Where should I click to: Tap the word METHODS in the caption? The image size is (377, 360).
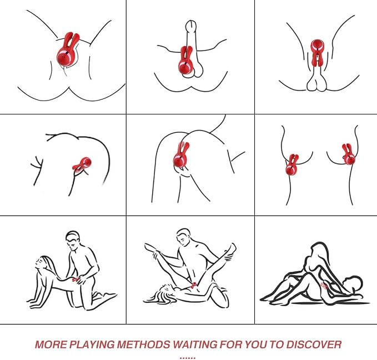click(143, 344)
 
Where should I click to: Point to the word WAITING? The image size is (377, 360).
click(195, 344)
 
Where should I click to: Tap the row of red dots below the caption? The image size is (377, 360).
click(188, 358)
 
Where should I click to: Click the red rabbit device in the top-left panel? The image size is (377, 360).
click(68, 51)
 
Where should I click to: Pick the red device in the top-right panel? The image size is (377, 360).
click(317, 52)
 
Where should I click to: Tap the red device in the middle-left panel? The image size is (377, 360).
click(82, 163)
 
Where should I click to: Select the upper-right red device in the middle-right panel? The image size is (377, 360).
click(348, 154)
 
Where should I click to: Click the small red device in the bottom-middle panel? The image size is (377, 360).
click(193, 286)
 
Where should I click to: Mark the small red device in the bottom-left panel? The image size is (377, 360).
click(77, 279)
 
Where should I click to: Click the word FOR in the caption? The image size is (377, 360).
click(231, 344)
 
